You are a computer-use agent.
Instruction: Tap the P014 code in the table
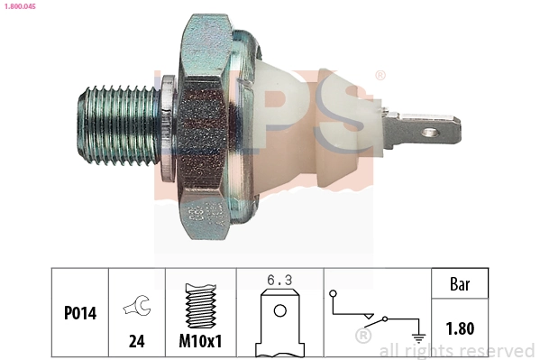pyautogui.click(x=79, y=315)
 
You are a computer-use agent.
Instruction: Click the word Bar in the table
pyautogui.click(x=460, y=283)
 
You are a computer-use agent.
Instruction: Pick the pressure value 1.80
pyautogui.click(x=460, y=329)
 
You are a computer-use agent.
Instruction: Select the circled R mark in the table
pyautogui.click(x=363, y=336)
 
